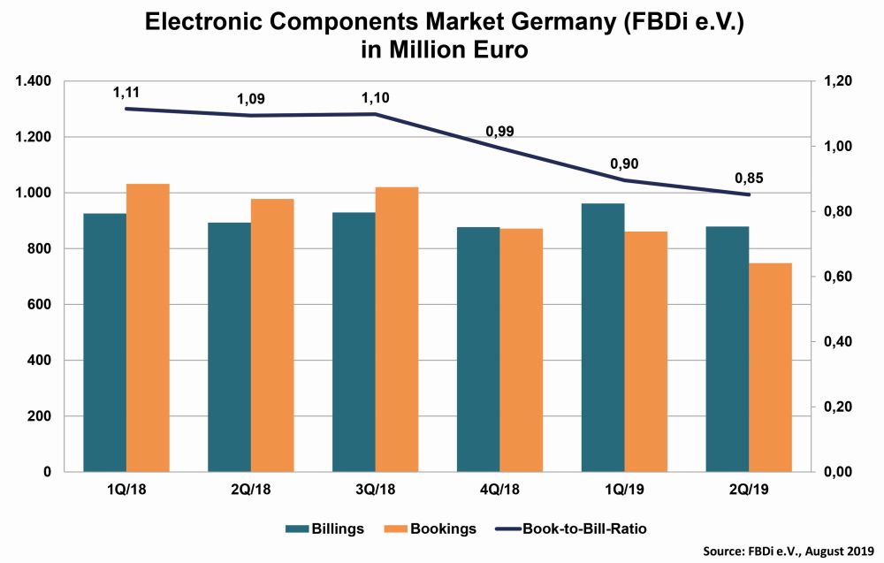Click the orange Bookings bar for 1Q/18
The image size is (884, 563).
(x=148, y=327)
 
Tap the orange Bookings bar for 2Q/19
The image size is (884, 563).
(x=771, y=367)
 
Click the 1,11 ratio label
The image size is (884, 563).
(x=127, y=91)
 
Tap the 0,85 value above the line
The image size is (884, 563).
(x=749, y=178)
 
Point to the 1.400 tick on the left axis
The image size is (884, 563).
(x=33, y=81)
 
